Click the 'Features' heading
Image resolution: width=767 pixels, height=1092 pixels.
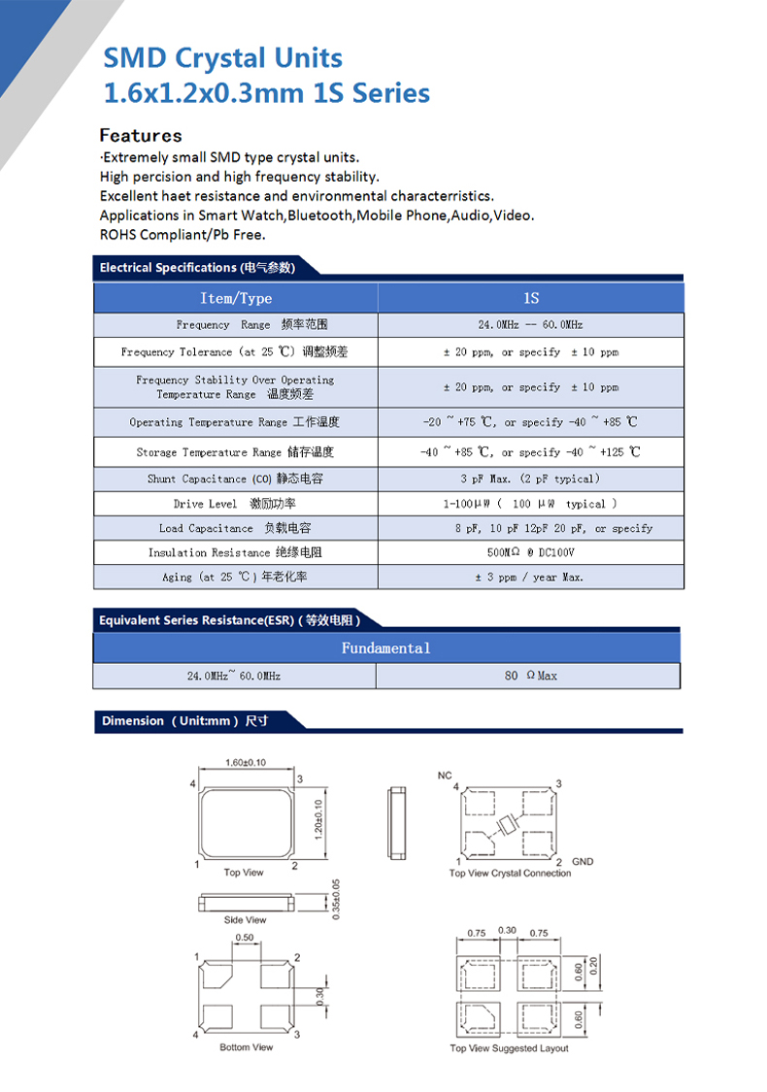coord(141,135)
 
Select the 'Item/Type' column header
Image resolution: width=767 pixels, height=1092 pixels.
coord(236,298)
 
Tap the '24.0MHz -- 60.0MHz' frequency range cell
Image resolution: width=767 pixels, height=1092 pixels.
coord(530,325)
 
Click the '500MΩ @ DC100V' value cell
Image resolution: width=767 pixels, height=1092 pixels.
coord(530,552)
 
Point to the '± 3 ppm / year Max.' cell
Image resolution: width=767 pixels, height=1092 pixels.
coord(530,577)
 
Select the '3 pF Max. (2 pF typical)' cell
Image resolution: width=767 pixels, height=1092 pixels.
coord(530,479)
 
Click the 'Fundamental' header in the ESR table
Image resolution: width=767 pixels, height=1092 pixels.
coord(385,647)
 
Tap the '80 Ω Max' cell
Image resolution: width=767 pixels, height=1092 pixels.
coord(530,675)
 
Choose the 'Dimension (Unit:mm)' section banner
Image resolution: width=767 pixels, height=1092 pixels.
coord(184,721)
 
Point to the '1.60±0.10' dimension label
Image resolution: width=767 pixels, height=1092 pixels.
coord(246,763)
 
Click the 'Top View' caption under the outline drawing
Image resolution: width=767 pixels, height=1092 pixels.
coord(244,873)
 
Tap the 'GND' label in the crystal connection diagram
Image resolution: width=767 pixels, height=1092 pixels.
coord(583,861)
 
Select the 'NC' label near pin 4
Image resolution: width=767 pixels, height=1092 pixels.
coord(445,775)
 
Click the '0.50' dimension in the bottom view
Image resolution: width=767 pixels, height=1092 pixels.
coord(245,938)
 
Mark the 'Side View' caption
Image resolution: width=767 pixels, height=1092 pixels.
coord(245,919)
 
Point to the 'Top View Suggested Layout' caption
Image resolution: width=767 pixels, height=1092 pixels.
coord(509,1048)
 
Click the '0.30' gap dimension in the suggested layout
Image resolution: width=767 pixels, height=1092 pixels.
coord(507,932)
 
